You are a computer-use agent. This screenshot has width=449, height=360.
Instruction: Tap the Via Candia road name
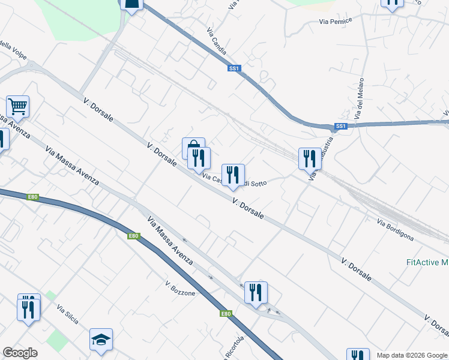(216, 41)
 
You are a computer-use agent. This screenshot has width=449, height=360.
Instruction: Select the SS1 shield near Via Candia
(235, 68)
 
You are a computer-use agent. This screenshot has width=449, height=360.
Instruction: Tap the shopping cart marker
(18, 107)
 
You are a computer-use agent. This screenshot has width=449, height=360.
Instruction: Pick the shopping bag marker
(192, 147)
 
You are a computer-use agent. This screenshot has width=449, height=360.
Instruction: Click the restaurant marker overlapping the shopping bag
(199, 158)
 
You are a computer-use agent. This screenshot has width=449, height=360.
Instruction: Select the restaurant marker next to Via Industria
(310, 158)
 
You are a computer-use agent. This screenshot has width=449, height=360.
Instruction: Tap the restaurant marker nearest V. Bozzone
(256, 292)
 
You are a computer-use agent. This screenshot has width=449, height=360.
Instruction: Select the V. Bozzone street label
(181, 289)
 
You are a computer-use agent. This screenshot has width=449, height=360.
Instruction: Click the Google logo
(20, 353)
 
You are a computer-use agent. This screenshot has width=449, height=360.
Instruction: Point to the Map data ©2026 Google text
(412, 355)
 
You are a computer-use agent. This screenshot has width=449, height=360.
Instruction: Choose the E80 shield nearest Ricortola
(225, 313)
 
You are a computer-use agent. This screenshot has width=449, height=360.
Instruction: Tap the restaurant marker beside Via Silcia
(29, 308)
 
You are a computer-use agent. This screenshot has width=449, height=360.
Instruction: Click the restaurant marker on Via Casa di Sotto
(234, 175)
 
